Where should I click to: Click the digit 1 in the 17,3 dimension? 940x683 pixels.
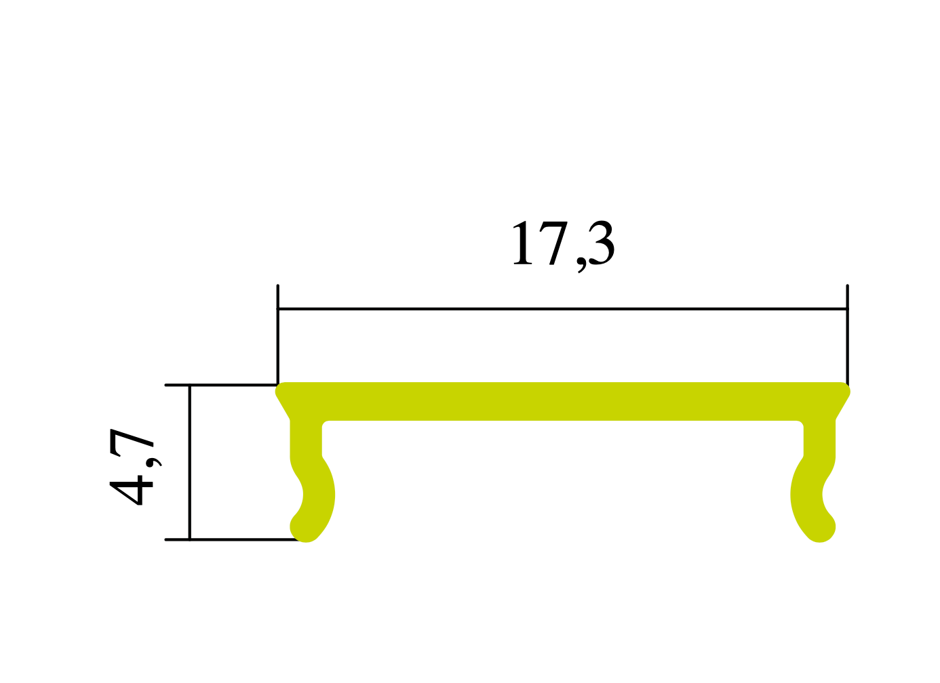tap(522, 244)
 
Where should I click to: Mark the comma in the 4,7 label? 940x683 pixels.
tap(153, 461)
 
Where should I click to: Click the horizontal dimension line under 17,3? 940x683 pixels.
tap(563, 309)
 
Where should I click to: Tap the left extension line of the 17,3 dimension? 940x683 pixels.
tap(277, 332)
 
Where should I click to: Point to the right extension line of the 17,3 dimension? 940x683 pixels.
tap(847, 332)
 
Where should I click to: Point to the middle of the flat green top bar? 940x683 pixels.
tap(563, 402)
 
